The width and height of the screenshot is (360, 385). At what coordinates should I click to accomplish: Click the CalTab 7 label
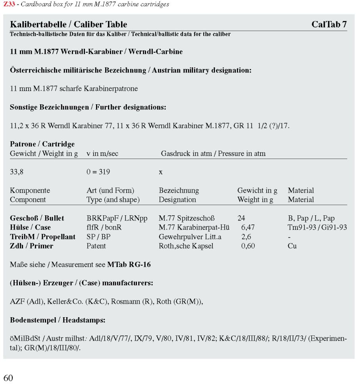pos(329,25)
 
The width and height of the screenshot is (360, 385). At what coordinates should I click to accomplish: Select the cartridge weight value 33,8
pos(16,172)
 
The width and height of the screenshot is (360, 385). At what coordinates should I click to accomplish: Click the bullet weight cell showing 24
pos(241,218)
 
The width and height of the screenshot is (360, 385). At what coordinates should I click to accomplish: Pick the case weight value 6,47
pos(248,228)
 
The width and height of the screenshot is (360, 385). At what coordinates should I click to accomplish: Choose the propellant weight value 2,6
pos(246,237)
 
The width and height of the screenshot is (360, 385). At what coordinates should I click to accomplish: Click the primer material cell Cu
pos(292,246)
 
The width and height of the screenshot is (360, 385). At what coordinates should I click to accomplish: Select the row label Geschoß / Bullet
pos(37,218)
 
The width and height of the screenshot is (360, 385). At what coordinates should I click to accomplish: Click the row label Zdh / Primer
pos(31,246)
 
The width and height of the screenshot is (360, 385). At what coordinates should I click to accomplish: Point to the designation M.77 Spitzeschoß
pos(187,218)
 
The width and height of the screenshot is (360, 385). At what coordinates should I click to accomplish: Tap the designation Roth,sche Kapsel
pos(186,246)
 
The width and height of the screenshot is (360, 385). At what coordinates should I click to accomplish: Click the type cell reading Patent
pos(96,246)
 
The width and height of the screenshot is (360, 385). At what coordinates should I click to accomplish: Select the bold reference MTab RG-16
pos(129,264)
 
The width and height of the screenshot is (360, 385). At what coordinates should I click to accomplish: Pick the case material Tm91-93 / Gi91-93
pos(318,228)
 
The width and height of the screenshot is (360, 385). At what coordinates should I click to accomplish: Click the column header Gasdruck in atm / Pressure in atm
pos(213,153)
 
